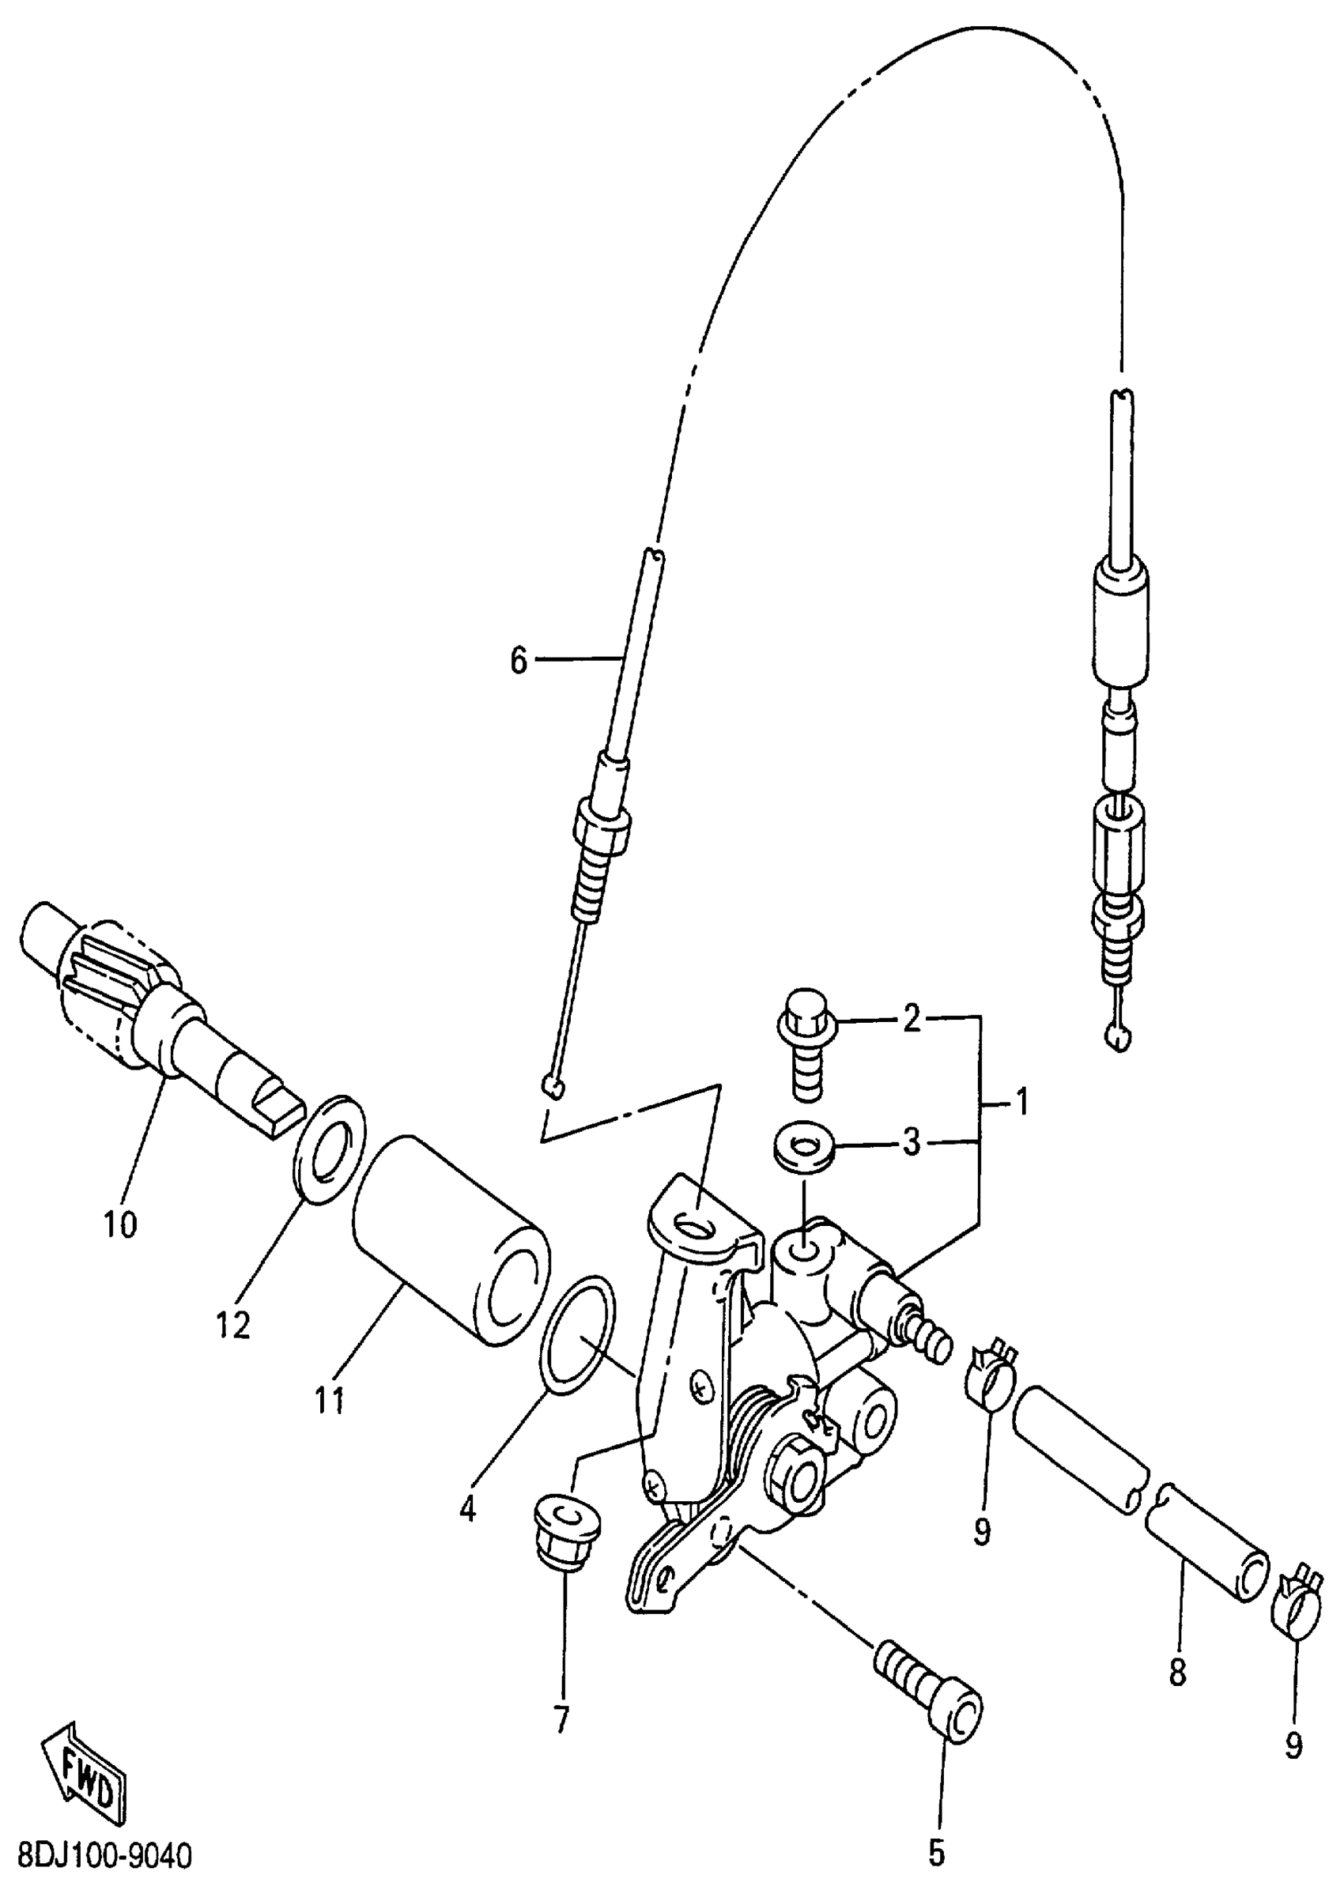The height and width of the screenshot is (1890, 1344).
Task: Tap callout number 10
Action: click(121, 1224)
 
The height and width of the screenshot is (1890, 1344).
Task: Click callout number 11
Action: click(330, 1401)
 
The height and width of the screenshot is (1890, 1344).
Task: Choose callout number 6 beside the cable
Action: click(518, 661)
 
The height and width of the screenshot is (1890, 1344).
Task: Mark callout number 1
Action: click(1022, 1102)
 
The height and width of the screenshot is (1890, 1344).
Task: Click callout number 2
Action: click(912, 1020)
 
